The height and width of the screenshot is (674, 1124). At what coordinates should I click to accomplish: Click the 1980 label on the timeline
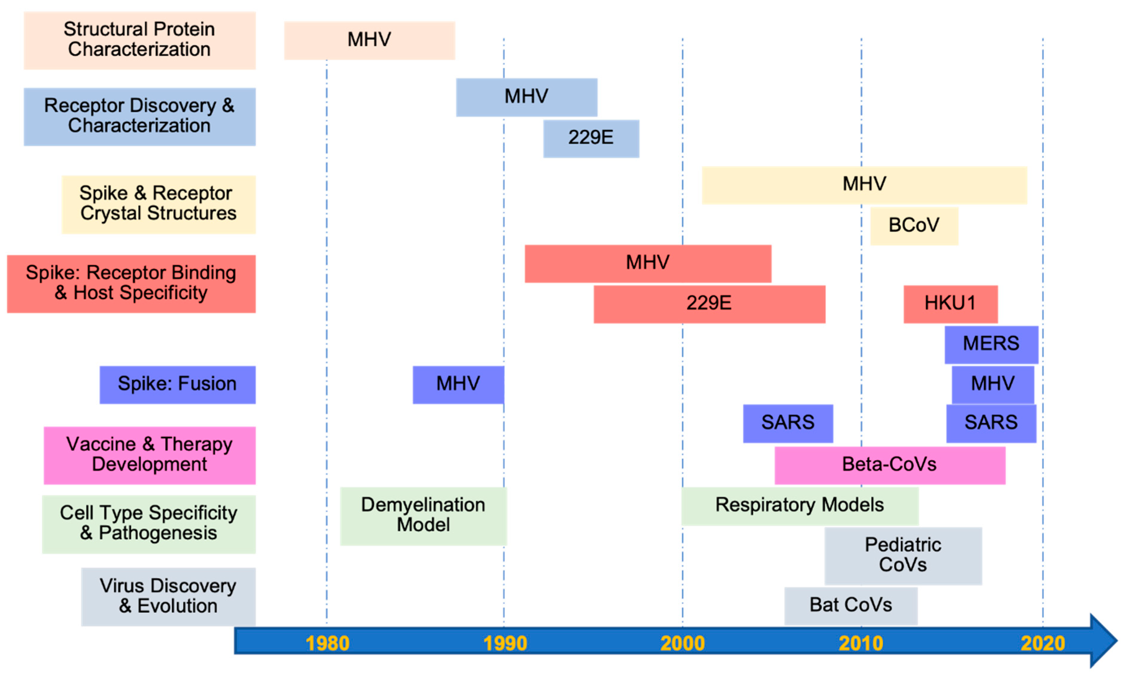[x=327, y=643]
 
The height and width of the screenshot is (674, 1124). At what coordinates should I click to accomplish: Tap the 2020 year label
[x=1043, y=643]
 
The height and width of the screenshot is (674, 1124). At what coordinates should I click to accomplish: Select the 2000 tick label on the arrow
[x=682, y=643]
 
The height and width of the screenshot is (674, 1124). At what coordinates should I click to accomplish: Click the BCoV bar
[x=914, y=226]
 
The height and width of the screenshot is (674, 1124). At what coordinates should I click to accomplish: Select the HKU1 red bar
[x=951, y=304]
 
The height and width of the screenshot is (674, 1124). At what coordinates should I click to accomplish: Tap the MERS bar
[x=991, y=344]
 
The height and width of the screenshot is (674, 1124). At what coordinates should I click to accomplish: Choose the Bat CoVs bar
[x=851, y=605]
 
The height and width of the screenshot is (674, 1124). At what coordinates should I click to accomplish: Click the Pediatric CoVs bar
[x=903, y=556]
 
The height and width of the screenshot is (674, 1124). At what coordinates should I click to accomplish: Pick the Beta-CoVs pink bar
[x=890, y=465]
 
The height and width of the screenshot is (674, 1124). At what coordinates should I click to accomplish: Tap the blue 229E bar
[x=591, y=138]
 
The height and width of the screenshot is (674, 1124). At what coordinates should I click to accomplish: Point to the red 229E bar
[x=709, y=304]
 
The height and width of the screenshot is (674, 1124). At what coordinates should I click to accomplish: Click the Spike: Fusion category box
[x=177, y=384]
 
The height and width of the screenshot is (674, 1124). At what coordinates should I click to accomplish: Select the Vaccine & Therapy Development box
[x=150, y=455]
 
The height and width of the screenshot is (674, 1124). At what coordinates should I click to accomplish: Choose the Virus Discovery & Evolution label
[x=168, y=596]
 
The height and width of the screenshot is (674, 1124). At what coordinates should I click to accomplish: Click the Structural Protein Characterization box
[x=139, y=40]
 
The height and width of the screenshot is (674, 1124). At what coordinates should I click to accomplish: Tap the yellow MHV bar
[x=864, y=185]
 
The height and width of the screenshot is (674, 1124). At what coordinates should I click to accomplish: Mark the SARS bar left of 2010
[x=788, y=423]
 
